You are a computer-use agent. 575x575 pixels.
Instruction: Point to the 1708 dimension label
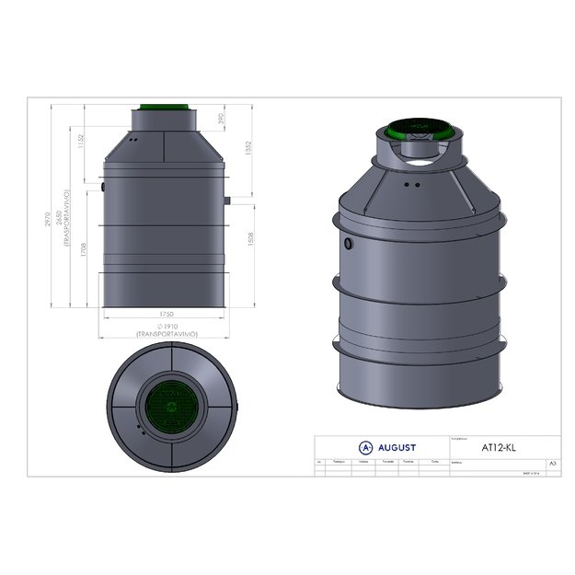[x=85, y=254]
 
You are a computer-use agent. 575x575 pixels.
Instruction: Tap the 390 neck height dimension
[x=222, y=120]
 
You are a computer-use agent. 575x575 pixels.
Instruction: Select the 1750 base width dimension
[x=166, y=315]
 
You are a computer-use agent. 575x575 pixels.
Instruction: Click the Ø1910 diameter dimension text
[x=166, y=326]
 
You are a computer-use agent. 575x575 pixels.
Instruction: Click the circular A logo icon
[x=365, y=448]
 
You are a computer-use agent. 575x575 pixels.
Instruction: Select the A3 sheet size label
[x=552, y=464]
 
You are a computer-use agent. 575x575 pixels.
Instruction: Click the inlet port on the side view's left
[x=102, y=187]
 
